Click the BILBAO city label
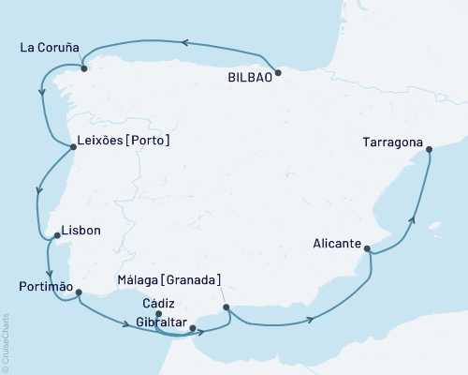(x=249, y=80)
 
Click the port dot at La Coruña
(x=83, y=68)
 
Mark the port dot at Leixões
(x=73, y=146)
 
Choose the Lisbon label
(x=80, y=231)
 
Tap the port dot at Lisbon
(x=55, y=235)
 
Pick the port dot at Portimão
(x=80, y=292)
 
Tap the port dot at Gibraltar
(x=193, y=328)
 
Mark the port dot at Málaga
(x=227, y=307)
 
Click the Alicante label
(x=337, y=243)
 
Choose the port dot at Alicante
(x=367, y=249)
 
